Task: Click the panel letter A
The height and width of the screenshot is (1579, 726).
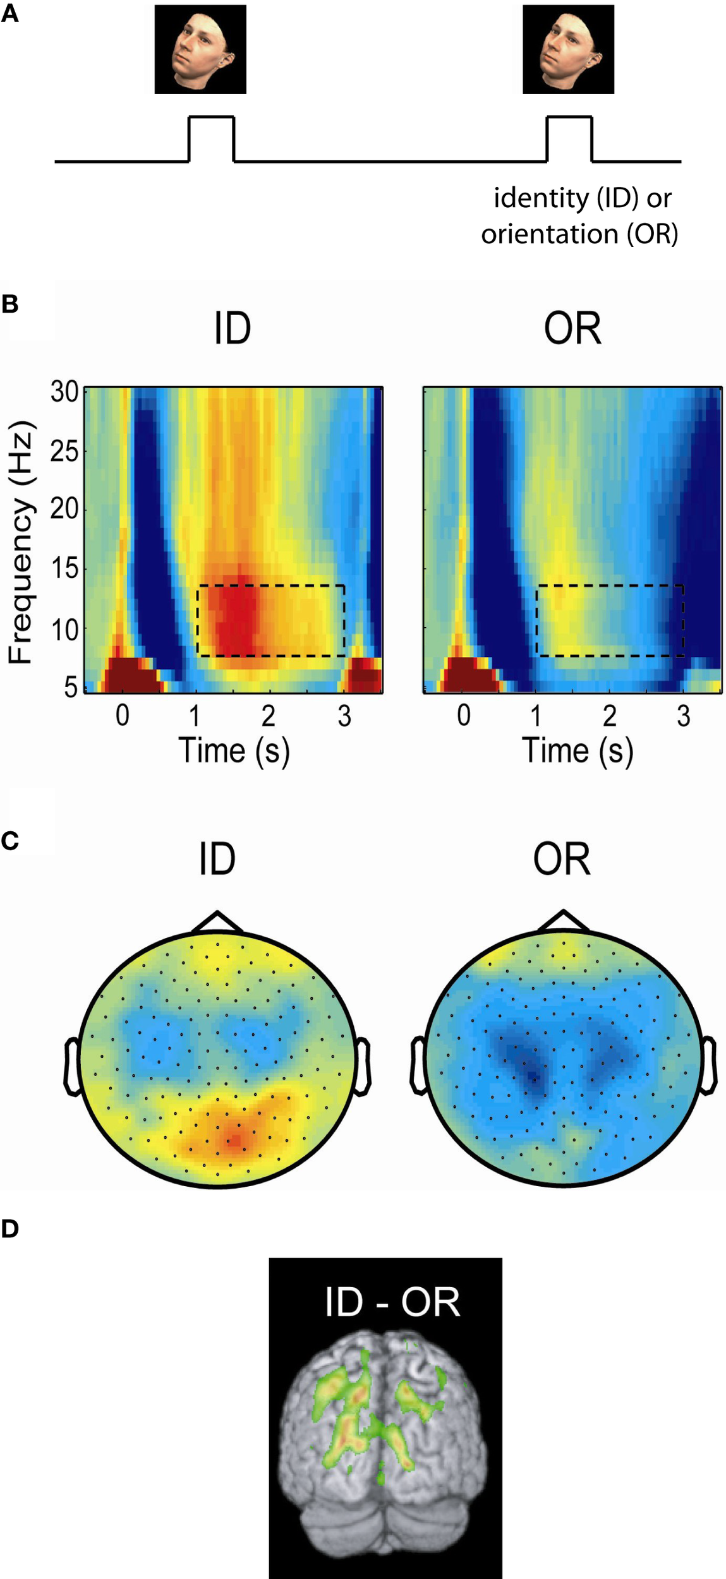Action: tap(9, 14)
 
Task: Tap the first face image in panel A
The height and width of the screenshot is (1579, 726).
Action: tap(200, 49)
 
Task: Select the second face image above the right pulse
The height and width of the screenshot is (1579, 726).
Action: tap(568, 49)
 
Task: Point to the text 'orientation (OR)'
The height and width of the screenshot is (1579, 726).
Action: tap(579, 234)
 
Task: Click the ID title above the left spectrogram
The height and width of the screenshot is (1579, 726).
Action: tap(233, 328)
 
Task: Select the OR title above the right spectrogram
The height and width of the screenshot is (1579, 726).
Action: tap(572, 328)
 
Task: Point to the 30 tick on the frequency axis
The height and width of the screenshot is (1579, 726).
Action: tap(64, 392)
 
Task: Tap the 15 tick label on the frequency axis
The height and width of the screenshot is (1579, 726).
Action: tap(64, 569)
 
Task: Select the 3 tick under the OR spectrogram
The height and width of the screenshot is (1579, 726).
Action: tap(683, 716)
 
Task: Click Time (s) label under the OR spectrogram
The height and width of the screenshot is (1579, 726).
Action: tap(577, 751)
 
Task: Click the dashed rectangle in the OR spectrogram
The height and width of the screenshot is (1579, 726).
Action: tap(610, 621)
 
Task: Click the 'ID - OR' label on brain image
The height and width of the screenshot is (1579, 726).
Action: tap(392, 1302)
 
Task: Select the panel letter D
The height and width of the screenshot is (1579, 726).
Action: tap(9, 1228)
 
